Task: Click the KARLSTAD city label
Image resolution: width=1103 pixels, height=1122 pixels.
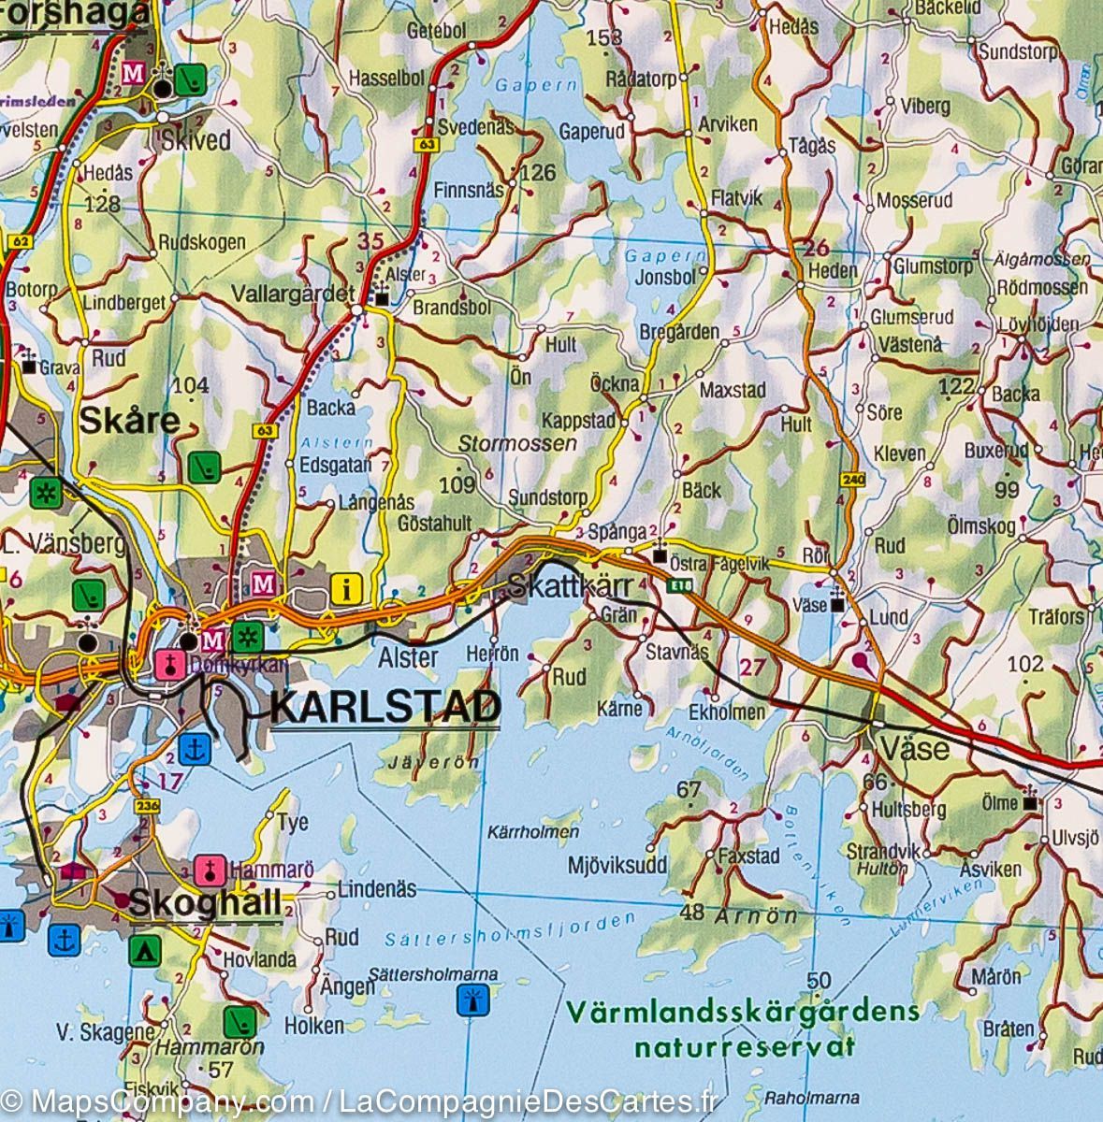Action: coord(385,708)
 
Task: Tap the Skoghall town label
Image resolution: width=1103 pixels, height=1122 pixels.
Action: coord(205,903)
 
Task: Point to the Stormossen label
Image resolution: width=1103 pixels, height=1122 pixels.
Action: coord(517,443)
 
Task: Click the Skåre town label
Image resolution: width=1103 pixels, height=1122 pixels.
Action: coord(129,421)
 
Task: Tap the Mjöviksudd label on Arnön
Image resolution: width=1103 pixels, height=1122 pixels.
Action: coord(617,865)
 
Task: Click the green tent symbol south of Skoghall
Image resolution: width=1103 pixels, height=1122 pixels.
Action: coord(142,950)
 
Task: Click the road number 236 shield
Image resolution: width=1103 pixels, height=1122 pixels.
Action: coord(147,806)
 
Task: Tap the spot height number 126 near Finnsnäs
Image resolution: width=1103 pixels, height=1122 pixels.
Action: coord(538,172)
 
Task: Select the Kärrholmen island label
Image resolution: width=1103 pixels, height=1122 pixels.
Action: coord(534,831)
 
